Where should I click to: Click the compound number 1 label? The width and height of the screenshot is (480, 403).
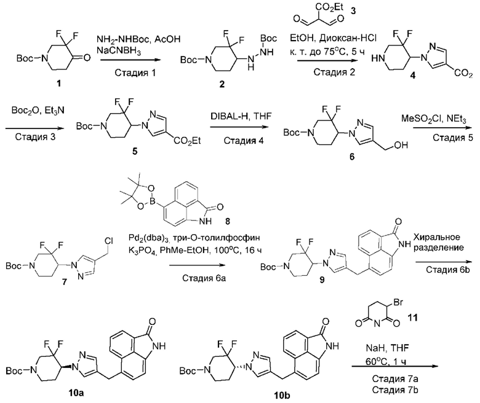click(59, 84)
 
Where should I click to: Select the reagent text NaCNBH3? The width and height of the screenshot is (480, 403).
click(119, 51)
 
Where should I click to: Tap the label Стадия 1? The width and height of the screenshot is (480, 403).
click(135, 72)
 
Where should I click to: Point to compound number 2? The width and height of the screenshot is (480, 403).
click(222, 84)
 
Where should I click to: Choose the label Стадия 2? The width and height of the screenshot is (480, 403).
click(334, 72)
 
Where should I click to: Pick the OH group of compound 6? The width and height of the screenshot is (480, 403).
click(401, 145)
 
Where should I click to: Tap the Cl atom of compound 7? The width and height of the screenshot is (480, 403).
click(110, 241)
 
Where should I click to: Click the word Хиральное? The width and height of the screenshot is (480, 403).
click(437, 237)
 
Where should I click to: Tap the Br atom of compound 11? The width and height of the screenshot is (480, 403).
click(398, 302)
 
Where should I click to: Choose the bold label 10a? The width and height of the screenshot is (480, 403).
click(76, 393)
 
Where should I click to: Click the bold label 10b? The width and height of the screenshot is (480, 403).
click(282, 396)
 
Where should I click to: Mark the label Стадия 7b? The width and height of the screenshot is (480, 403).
click(395, 390)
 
